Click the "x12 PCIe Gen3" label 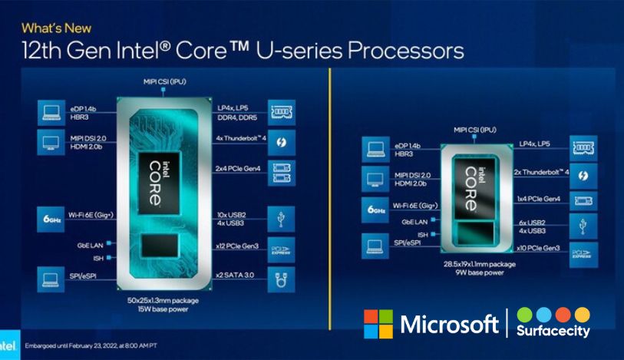point(238,246)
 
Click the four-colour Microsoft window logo point(378,324)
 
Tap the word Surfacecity point(553,332)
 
